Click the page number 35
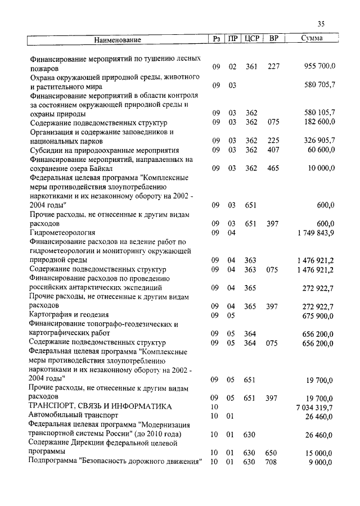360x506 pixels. tap(321, 24)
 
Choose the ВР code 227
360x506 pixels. tap(274, 67)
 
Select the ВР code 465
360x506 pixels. tap(274, 168)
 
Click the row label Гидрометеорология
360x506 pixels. tap(62, 232)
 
